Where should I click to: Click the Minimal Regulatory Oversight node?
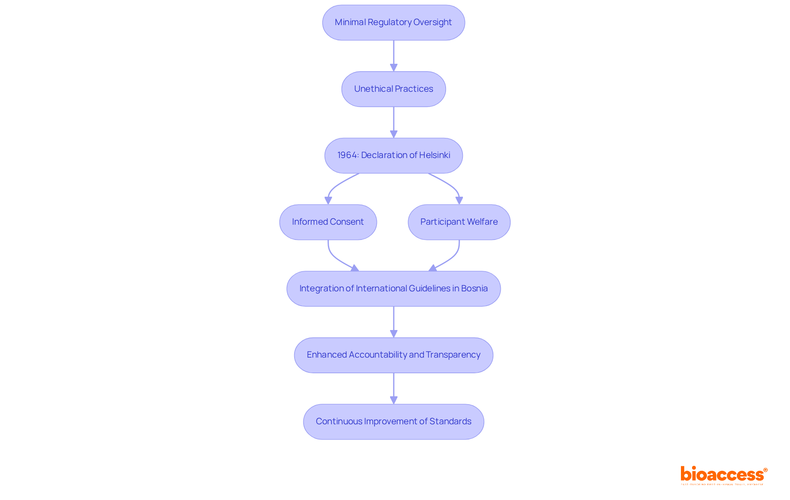(393, 23)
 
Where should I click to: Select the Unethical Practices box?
(393, 89)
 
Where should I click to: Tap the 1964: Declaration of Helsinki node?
(393, 156)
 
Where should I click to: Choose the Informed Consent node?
(328, 222)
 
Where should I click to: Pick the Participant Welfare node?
(459, 222)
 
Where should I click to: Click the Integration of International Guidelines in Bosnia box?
(393, 288)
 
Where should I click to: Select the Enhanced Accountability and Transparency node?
(393, 355)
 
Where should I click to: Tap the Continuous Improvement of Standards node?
(393, 421)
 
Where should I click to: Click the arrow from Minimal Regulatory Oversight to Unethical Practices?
(393, 56)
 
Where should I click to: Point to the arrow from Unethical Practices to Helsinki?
(393, 122)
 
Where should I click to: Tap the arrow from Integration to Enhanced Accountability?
(393, 322)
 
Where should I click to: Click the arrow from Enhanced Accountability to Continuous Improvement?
(393, 388)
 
